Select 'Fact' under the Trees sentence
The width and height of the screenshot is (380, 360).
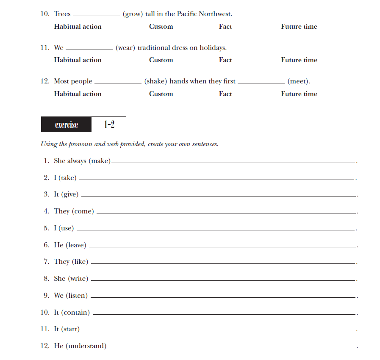coord(225,26)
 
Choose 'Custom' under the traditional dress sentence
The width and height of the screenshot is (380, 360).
coord(161,60)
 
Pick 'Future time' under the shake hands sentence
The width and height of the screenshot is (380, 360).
coord(299,94)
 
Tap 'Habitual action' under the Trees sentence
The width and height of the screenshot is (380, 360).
coord(78,26)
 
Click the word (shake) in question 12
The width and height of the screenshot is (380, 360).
coord(155,81)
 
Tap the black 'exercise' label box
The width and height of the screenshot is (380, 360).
coord(66,125)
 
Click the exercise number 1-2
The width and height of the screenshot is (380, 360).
coord(109,125)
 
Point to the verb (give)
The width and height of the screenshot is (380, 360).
coord(70,194)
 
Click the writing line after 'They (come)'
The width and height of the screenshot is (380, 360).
coord(227,213)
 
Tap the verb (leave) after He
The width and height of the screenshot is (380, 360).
coord(76,245)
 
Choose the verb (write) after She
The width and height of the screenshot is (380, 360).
coord(78,279)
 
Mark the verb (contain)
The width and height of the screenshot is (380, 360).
coord(75,313)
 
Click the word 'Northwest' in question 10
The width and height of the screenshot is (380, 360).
coord(215,14)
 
